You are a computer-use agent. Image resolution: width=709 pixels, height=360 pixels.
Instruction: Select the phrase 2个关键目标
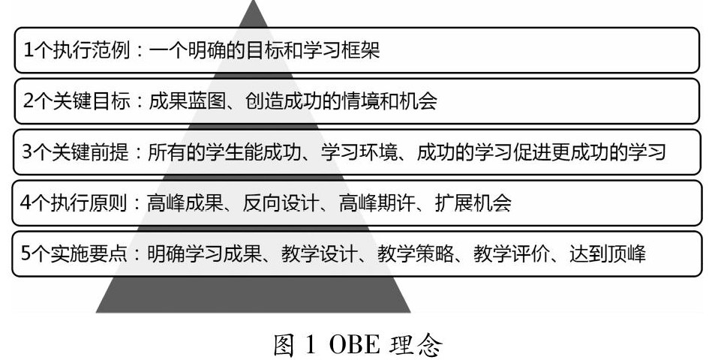[74, 101]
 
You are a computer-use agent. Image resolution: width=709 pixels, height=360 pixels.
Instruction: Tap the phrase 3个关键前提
[74, 152]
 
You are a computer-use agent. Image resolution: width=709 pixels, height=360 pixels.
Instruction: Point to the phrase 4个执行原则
[74, 202]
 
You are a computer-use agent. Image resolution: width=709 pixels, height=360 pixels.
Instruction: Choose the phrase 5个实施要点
[74, 253]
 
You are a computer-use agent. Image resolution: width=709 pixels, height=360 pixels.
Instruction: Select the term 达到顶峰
[604, 253]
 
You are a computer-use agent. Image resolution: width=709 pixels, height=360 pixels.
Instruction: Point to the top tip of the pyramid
[254, 3]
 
